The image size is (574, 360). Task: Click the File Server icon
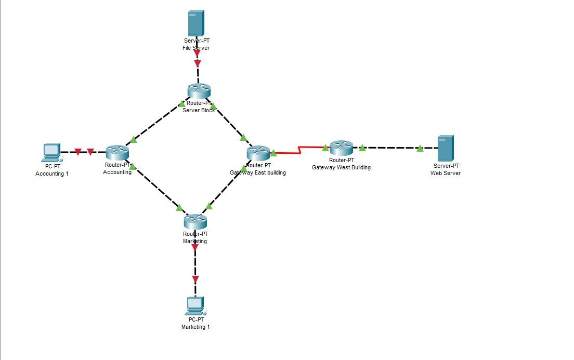coord(196,23)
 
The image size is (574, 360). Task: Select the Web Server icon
coord(446,148)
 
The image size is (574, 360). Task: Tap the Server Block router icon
coord(198,91)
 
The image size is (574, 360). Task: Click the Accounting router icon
coord(117,153)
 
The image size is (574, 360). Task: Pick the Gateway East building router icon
coord(258,153)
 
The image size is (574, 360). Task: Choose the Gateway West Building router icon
coord(342,148)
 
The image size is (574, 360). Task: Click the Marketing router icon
coord(195,221)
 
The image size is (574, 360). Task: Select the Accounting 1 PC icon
coord(51,152)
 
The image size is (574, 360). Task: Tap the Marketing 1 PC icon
coord(195,306)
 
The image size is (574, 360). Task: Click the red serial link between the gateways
coord(299,151)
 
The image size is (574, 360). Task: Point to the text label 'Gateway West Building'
coord(341,167)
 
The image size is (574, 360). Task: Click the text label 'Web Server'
coord(445,173)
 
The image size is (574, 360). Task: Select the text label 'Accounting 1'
coord(51,174)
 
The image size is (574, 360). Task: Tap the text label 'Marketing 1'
coord(195,327)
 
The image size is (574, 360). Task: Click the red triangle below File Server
coord(197,64)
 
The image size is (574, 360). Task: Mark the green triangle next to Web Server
coord(420,149)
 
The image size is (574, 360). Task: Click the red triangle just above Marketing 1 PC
coord(195,279)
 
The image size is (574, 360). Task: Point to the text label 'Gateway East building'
coord(258,172)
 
